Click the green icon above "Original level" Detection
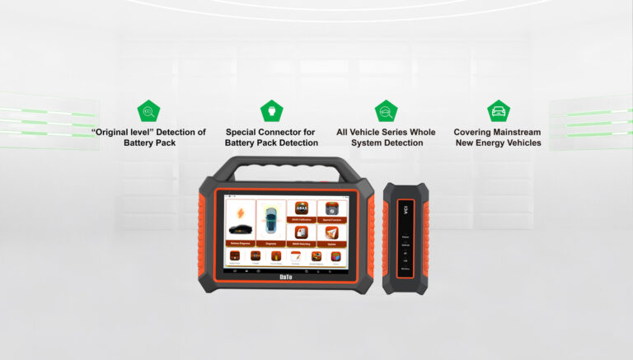click(x=148, y=111)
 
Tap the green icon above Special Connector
click(x=271, y=111)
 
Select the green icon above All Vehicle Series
click(x=386, y=111)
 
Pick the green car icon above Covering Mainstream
click(x=498, y=111)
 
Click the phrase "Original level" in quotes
click(x=124, y=132)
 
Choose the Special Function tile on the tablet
click(x=331, y=212)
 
